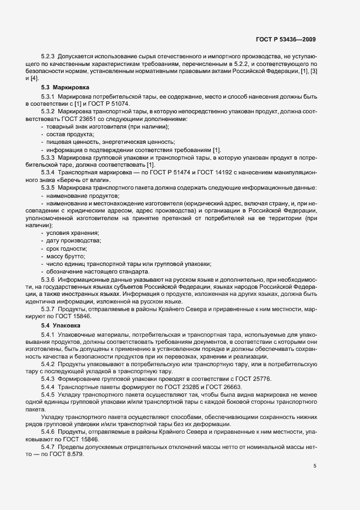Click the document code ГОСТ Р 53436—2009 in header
click(x=285, y=39)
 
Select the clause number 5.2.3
click(x=48, y=57)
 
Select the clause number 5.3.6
click(x=48, y=278)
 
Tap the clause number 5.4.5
click(x=48, y=393)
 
